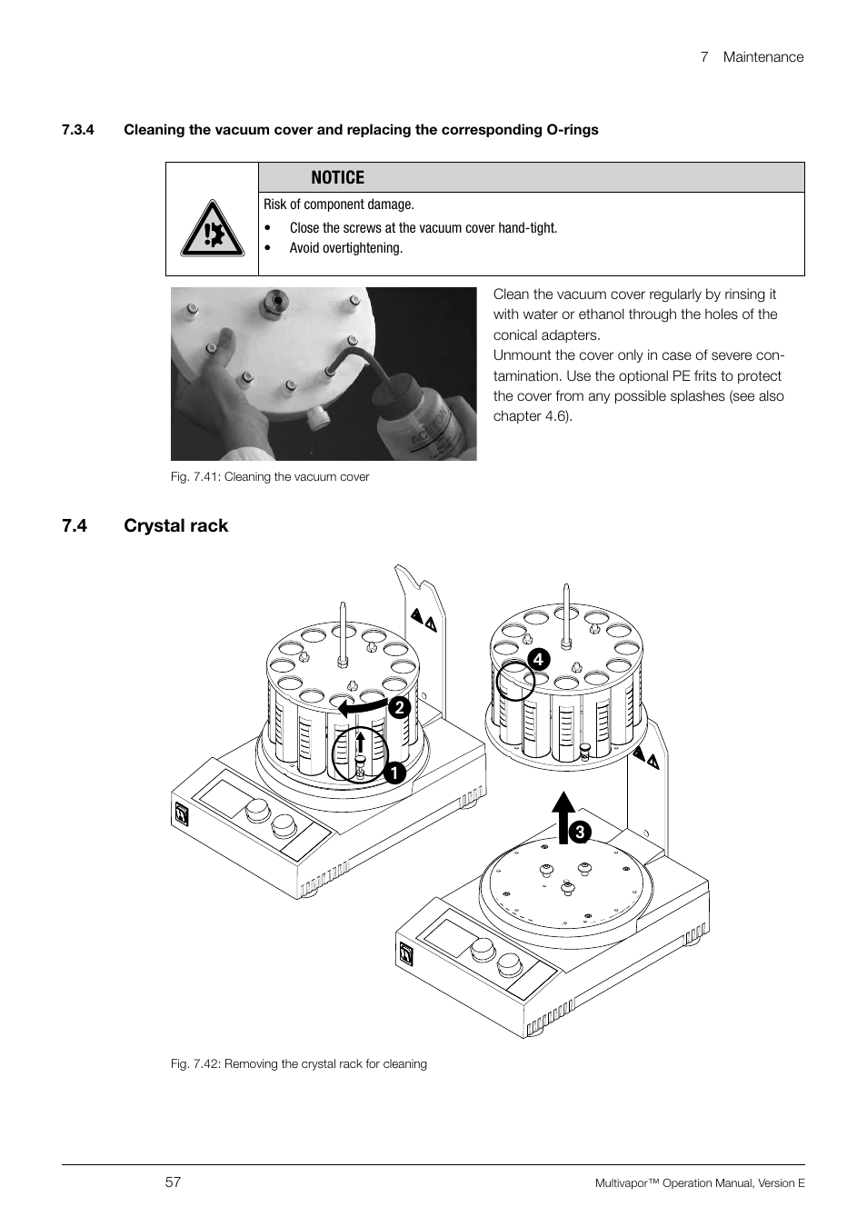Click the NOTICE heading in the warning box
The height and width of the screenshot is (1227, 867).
tap(337, 177)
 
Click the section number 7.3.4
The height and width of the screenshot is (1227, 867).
tap(79, 129)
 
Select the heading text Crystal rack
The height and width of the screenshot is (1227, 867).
tap(176, 525)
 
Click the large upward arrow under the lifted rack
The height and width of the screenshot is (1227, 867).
tap(564, 817)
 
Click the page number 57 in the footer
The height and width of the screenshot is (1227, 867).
tap(174, 1182)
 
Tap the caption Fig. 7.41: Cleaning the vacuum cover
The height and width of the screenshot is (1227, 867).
tap(270, 476)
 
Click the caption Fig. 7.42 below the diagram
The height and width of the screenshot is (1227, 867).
tap(299, 1063)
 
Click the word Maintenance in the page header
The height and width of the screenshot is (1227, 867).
tap(763, 56)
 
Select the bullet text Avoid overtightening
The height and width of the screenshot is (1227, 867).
tap(345, 248)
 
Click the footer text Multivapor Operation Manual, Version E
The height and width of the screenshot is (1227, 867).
tap(700, 1182)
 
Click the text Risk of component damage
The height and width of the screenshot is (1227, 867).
tap(338, 204)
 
